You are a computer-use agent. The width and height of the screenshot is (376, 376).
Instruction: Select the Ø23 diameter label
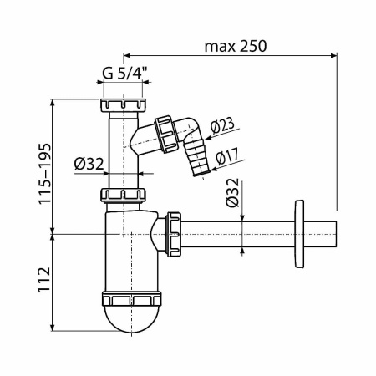click(221, 126)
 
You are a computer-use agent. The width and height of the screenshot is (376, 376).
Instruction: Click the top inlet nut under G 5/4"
click(123, 105)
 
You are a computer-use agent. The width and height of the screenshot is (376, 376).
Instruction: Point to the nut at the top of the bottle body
click(124, 196)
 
